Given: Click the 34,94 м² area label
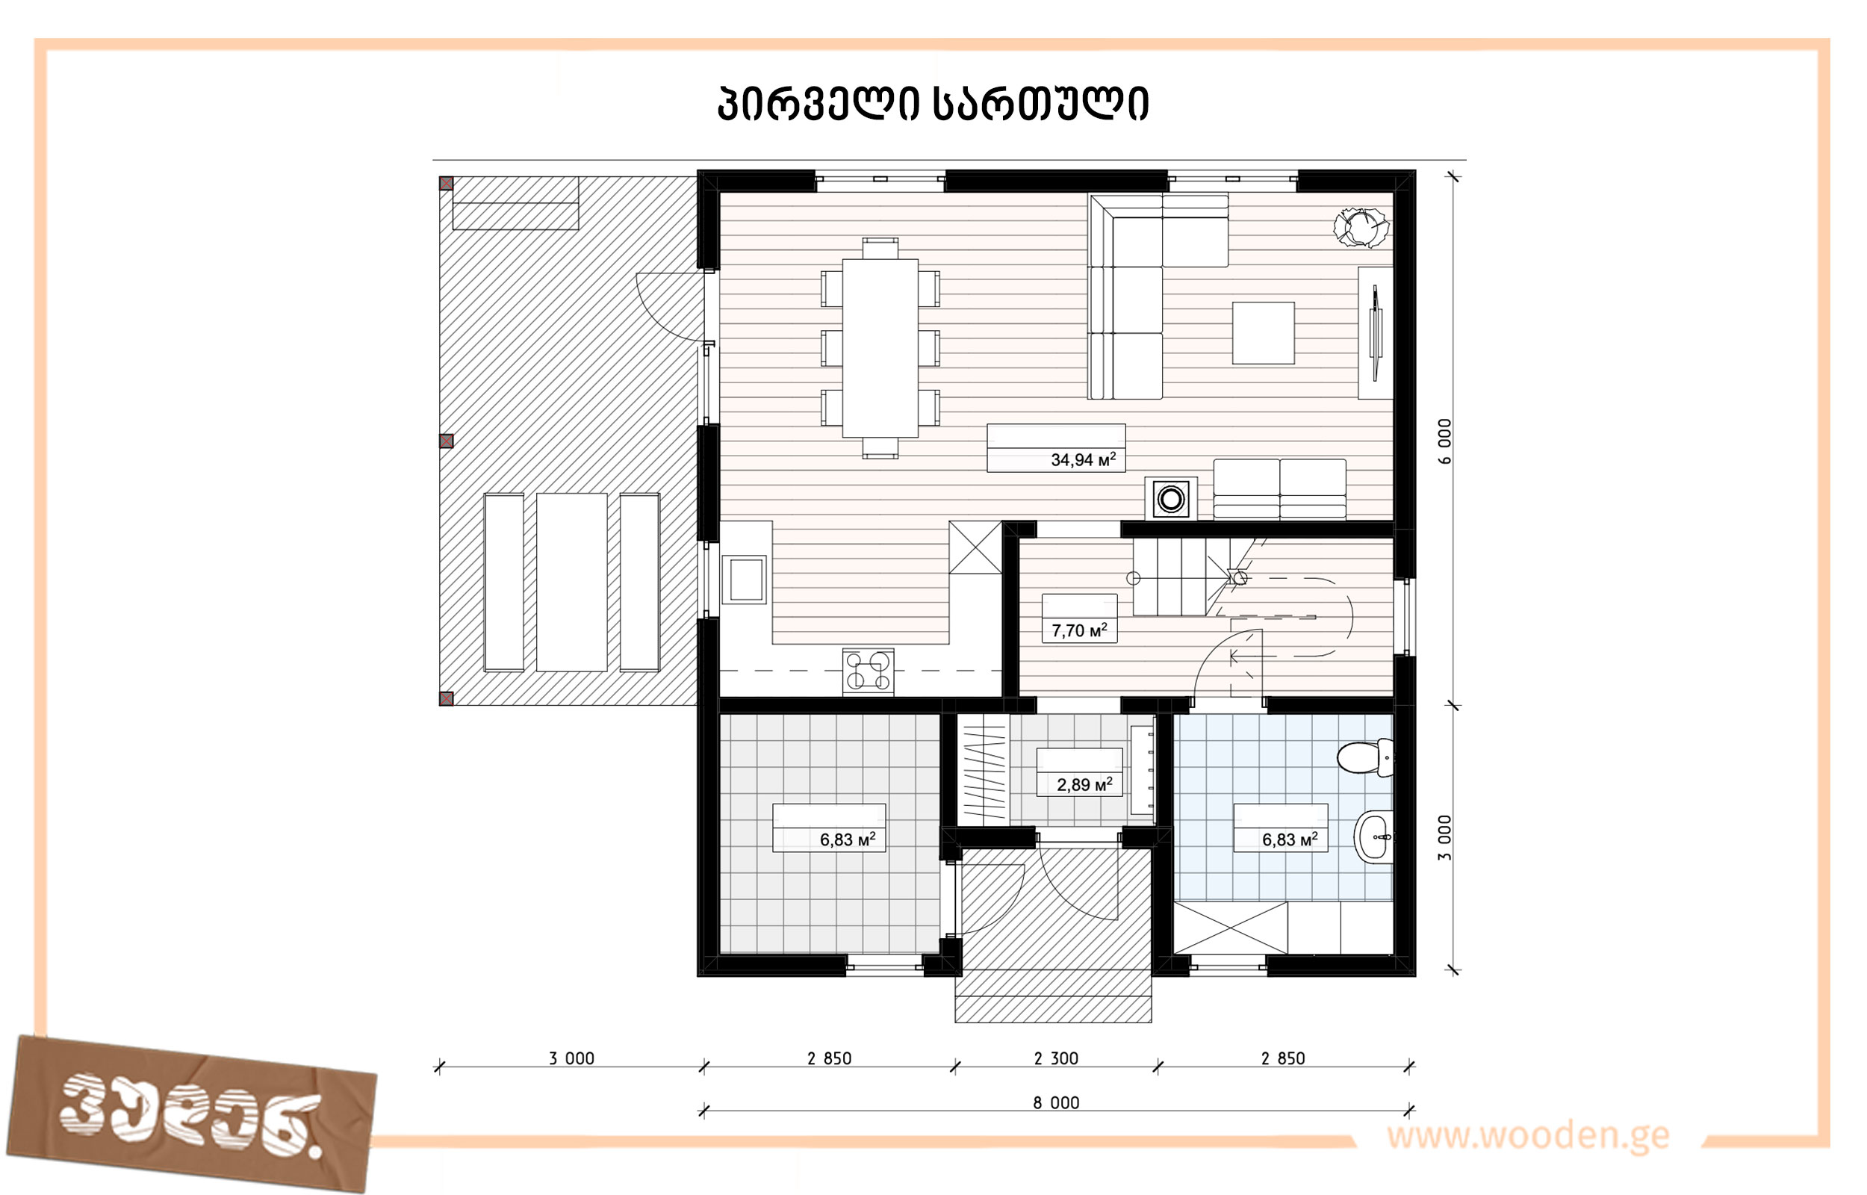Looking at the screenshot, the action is [1083, 459].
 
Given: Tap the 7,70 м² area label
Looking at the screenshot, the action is [1079, 630].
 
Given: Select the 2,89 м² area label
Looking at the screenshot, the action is [1084, 784].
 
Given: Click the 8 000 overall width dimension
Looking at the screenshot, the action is [1056, 1102].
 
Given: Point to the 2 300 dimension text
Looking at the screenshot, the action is [1056, 1058].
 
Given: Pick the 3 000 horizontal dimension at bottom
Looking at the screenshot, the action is [571, 1058].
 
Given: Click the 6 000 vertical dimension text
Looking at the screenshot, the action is [1444, 441].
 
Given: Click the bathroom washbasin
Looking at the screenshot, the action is [1373, 837].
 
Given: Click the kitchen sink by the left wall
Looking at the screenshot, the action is [745, 579].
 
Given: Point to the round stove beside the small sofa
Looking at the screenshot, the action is [1170, 498].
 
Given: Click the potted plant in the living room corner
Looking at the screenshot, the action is [1361, 226].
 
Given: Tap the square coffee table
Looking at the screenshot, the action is [1263, 333].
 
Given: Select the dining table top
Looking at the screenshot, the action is [880, 348].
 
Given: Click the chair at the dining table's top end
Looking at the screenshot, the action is [880, 248].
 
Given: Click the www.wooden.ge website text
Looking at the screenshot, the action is [1528, 1135].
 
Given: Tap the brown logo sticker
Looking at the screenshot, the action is [192, 1114].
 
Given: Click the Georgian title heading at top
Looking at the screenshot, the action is [933, 103].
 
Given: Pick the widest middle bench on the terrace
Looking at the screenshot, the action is [571, 582].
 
